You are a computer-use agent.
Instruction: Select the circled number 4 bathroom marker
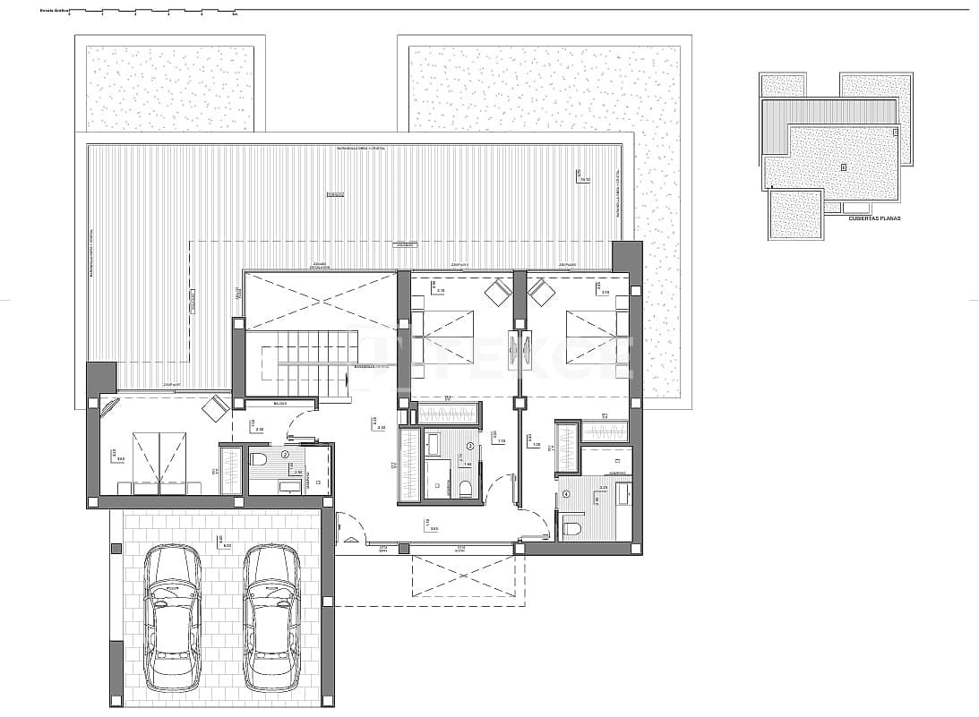tap(566, 494)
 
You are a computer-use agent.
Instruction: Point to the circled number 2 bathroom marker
tap(285, 455)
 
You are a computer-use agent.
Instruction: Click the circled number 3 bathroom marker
tap(469, 445)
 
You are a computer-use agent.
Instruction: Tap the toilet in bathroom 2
tap(260, 460)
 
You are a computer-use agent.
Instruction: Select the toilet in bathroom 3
tap(465, 487)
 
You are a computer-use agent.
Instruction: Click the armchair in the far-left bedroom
tap(215, 409)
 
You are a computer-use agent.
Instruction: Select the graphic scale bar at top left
tap(152, 12)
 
